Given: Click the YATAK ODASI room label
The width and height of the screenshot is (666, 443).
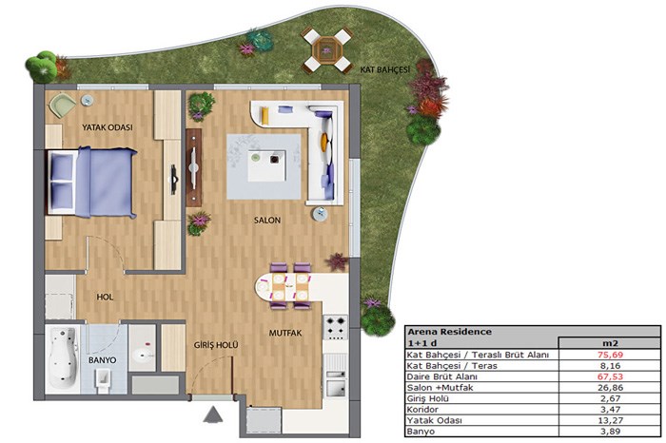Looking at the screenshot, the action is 107,127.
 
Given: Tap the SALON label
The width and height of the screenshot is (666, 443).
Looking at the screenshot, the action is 267,221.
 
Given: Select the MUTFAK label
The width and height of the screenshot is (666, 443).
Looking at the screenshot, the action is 285,334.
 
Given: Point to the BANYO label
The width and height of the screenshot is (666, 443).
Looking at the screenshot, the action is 103,360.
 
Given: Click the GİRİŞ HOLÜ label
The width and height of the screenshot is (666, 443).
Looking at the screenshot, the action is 216,345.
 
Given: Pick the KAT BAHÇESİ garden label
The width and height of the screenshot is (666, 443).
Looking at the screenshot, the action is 385,69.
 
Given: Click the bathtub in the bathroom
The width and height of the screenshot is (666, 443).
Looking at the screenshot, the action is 63,357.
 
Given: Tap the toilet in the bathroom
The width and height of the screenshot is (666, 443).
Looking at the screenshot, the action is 103,378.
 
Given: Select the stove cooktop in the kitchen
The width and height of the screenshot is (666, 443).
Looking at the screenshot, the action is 336,327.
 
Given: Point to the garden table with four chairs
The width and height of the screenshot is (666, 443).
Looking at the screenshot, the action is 326,50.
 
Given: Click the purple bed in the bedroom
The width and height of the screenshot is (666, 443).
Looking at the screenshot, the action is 91,182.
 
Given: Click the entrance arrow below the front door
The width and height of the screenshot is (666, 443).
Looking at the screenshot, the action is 213,414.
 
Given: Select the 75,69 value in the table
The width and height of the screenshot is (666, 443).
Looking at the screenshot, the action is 611,355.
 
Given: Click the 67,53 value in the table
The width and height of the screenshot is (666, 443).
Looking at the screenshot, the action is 611,376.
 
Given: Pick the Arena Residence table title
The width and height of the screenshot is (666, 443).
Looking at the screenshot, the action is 449,332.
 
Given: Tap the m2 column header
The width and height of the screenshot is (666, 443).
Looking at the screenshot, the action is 610,343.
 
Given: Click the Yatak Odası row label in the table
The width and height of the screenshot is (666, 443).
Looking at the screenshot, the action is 434,420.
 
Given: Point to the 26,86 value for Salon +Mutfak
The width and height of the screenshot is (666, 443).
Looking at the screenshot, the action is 611,388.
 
